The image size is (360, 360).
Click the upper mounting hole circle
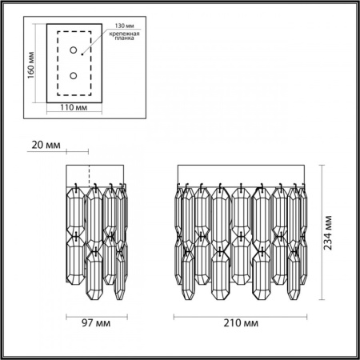pos(74,51)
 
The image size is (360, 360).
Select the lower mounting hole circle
pos(74,77)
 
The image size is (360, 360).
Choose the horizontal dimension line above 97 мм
pos(94,314)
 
